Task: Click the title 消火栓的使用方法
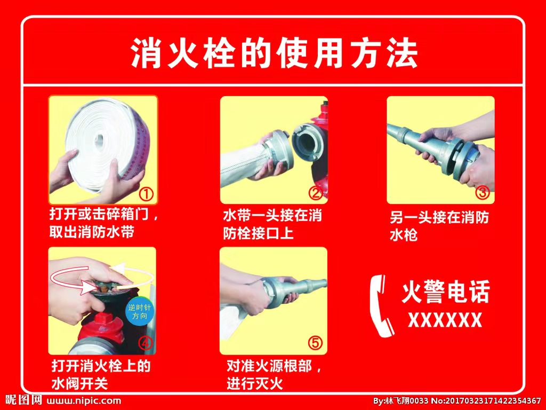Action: pyautogui.click(x=274, y=53)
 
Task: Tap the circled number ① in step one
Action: pyautogui.click(x=146, y=194)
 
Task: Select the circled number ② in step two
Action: pyautogui.click(x=316, y=193)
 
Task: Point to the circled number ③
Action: pyautogui.click(x=483, y=192)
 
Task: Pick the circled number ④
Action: pyautogui.click(x=146, y=343)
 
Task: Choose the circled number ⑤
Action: pyautogui.click(x=315, y=343)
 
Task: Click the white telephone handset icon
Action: pyautogui.click(x=381, y=306)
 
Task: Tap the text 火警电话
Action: pyautogui.click(x=446, y=291)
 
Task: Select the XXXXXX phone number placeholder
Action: pyautogui.click(x=445, y=320)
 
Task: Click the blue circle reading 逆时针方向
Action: pyautogui.click(x=139, y=312)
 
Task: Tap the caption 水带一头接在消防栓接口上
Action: pyautogui.click(x=272, y=225)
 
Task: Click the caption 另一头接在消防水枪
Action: pyautogui.click(x=439, y=226)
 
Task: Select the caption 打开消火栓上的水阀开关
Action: pyautogui.click(x=101, y=375)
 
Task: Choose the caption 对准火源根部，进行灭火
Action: pyautogui.click(x=274, y=375)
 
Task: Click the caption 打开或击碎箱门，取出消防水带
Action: pyautogui.click(x=105, y=223)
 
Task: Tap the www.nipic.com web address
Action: pyautogui.click(x=84, y=400)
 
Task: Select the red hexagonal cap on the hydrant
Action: pyautogui.click(x=103, y=320)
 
